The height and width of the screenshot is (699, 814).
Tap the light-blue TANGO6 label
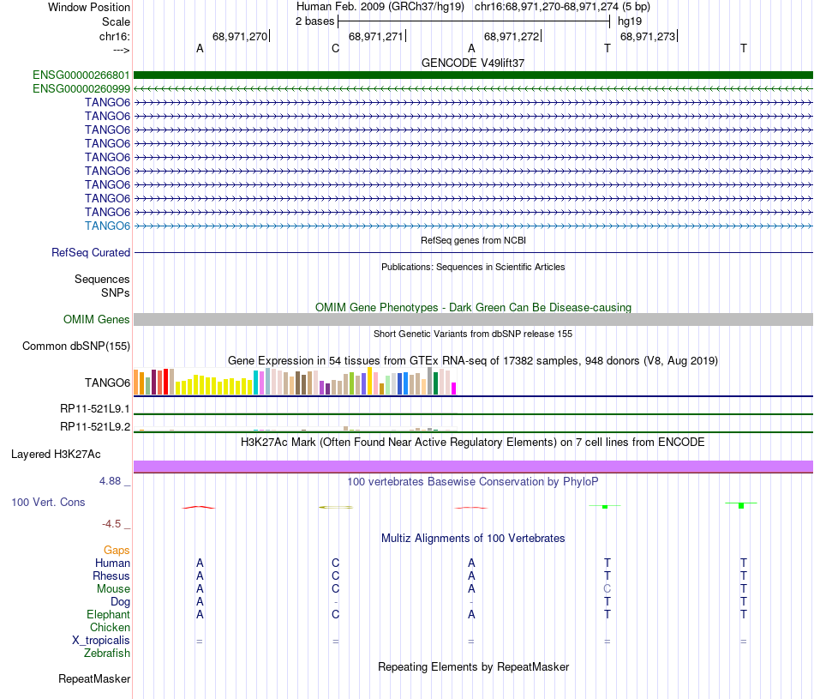click(108, 226)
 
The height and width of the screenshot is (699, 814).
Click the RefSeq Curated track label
click(91, 253)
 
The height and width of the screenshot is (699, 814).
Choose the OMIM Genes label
click(97, 320)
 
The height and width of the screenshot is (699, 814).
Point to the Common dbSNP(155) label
click(75, 346)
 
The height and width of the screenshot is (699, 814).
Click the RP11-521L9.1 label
click(94, 410)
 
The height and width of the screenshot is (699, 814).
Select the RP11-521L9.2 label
click(94, 426)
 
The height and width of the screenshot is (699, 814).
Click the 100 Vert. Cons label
click(48, 502)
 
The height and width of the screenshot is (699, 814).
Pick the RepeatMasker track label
click(94, 679)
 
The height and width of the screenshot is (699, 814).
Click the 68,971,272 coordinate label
click(512, 36)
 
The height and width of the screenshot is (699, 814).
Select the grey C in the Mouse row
click(608, 589)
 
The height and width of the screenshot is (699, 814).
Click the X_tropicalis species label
click(101, 641)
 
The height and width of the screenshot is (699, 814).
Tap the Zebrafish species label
click(107, 654)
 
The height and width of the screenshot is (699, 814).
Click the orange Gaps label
click(117, 550)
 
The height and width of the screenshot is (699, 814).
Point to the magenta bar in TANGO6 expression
click(454, 389)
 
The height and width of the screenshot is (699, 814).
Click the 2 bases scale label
click(315, 21)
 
